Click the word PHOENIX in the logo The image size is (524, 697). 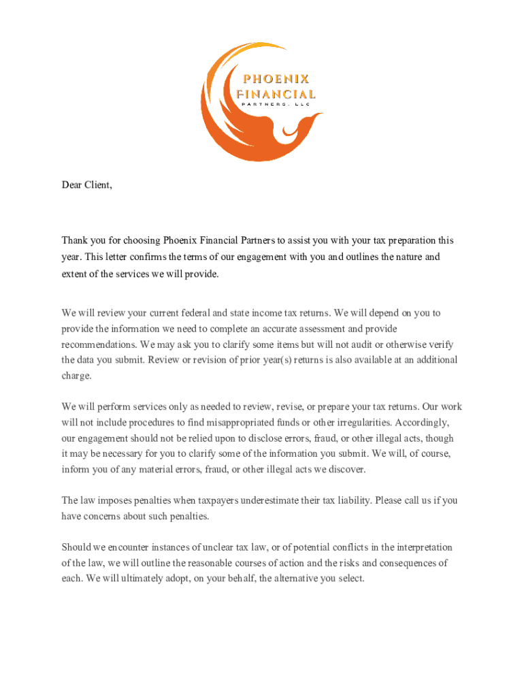coord(276,79)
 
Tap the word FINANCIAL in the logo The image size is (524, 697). coord(276,94)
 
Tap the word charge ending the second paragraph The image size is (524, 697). coord(76,375)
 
